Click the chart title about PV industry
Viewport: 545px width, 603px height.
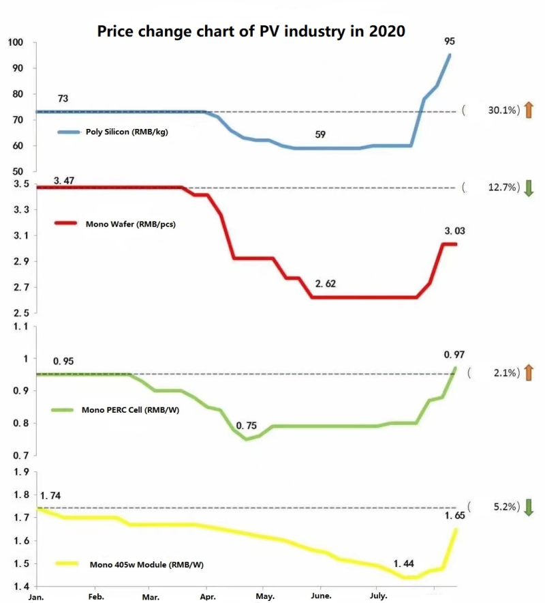pyautogui.click(x=251, y=31)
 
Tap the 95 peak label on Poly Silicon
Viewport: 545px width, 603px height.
pyautogui.click(x=450, y=41)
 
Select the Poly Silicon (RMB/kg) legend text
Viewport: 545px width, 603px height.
pyautogui.click(x=127, y=132)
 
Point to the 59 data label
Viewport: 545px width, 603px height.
pyautogui.click(x=320, y=134)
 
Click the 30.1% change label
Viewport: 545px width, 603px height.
pyautogui.click(x=503, y=110)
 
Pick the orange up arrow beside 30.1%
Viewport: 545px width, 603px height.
pyautogui.click(x=529, y=110)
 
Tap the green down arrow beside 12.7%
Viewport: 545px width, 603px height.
pyautogui.click(x=529, y=188)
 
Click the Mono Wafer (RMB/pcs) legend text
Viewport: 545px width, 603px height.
pyautogui.click(x=131, y=224)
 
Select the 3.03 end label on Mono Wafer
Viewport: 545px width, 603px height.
pyautogui.click(x=455, y=231)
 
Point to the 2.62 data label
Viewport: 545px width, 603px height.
pyautogui.click(x=326, y=284)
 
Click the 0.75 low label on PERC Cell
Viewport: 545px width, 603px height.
pyautogui.click(x=246, y=426)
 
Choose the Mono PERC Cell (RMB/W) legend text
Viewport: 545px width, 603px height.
pyautogui.click(x=130, y=410)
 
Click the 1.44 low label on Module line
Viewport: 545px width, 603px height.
pyautogui.click(x=404, y=563)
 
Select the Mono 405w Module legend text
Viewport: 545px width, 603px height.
pyautogui.click(x=146, y=565)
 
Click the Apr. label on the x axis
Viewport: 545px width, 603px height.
pyautogui.click(x=207, y=597)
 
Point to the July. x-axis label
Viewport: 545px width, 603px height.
pyautogui.click(x=378, y=596)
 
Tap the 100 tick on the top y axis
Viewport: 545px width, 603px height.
pyautogui.click(x=16, y=42)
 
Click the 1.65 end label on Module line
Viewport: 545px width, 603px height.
pyautogui.click(x=455, y=516)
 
